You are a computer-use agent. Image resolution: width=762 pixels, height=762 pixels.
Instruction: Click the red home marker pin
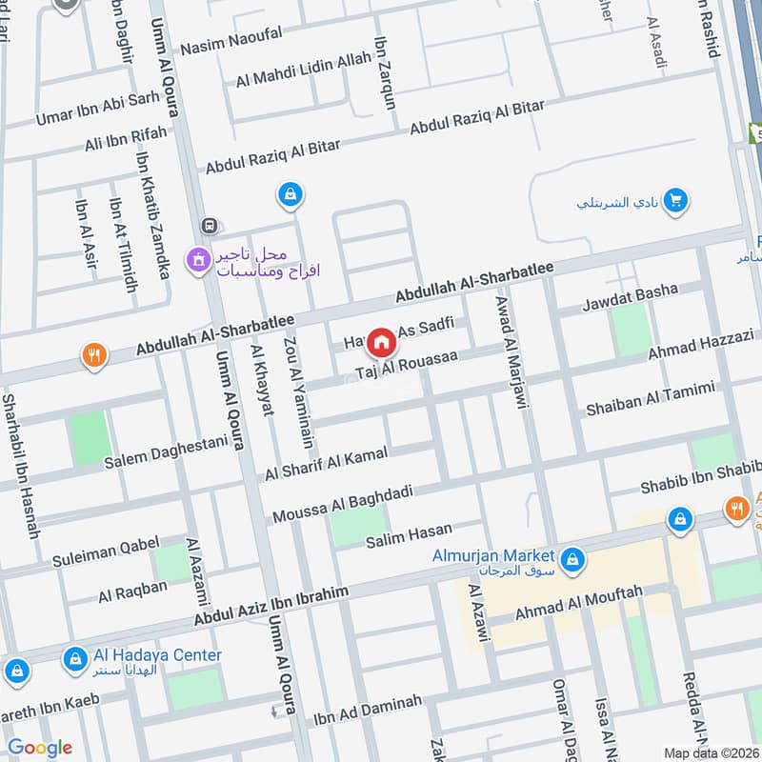click(381, 342)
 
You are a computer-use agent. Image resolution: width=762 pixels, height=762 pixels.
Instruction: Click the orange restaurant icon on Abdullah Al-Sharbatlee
click(93, 355)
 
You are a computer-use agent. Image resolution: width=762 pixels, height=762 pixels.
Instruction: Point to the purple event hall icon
click(198, 258)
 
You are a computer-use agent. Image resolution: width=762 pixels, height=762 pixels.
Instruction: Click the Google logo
click(39, 748)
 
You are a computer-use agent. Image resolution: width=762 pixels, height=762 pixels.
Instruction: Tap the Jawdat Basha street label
click(631, 297)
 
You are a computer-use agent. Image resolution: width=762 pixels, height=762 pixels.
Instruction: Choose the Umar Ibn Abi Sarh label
click(98, 109)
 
